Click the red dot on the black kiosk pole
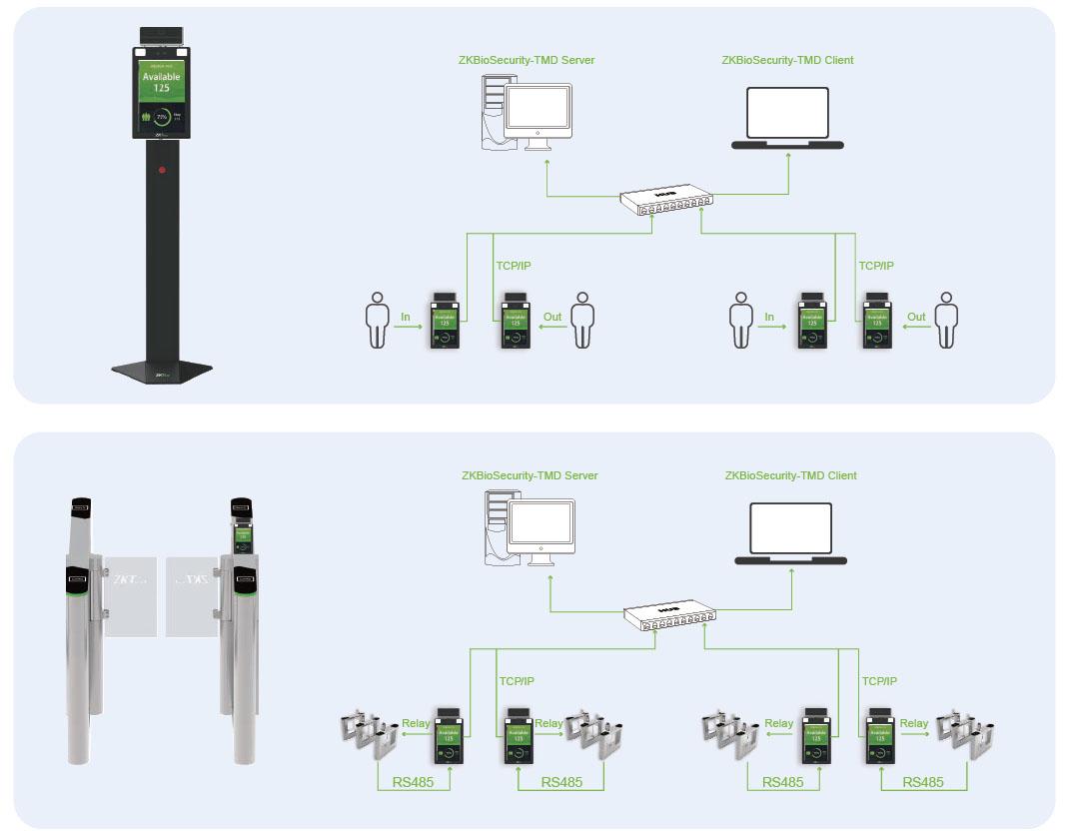(162, 170)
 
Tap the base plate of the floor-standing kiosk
(162, 371)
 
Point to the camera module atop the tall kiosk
(162, 36)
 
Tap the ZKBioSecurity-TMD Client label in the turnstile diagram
(790, 475)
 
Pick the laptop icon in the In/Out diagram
(787, 119)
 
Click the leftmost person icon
(377, 320)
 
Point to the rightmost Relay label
(913, 723)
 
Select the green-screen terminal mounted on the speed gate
(242, 537)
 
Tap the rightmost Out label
(916, 317)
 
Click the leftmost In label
(406, 317)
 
